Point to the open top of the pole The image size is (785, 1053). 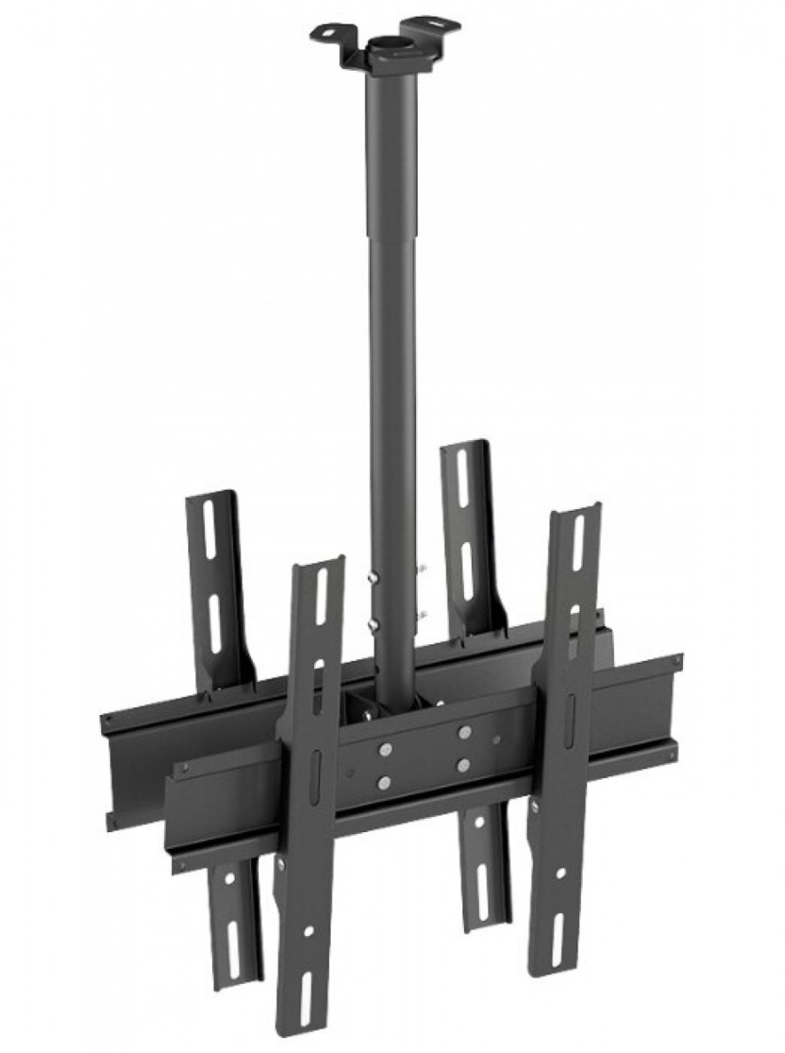pos(386,43)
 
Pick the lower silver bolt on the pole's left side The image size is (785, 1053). pos(372,624)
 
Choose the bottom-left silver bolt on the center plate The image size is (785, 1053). pos(384,782)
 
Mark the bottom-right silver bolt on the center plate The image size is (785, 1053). pos(463,765)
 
